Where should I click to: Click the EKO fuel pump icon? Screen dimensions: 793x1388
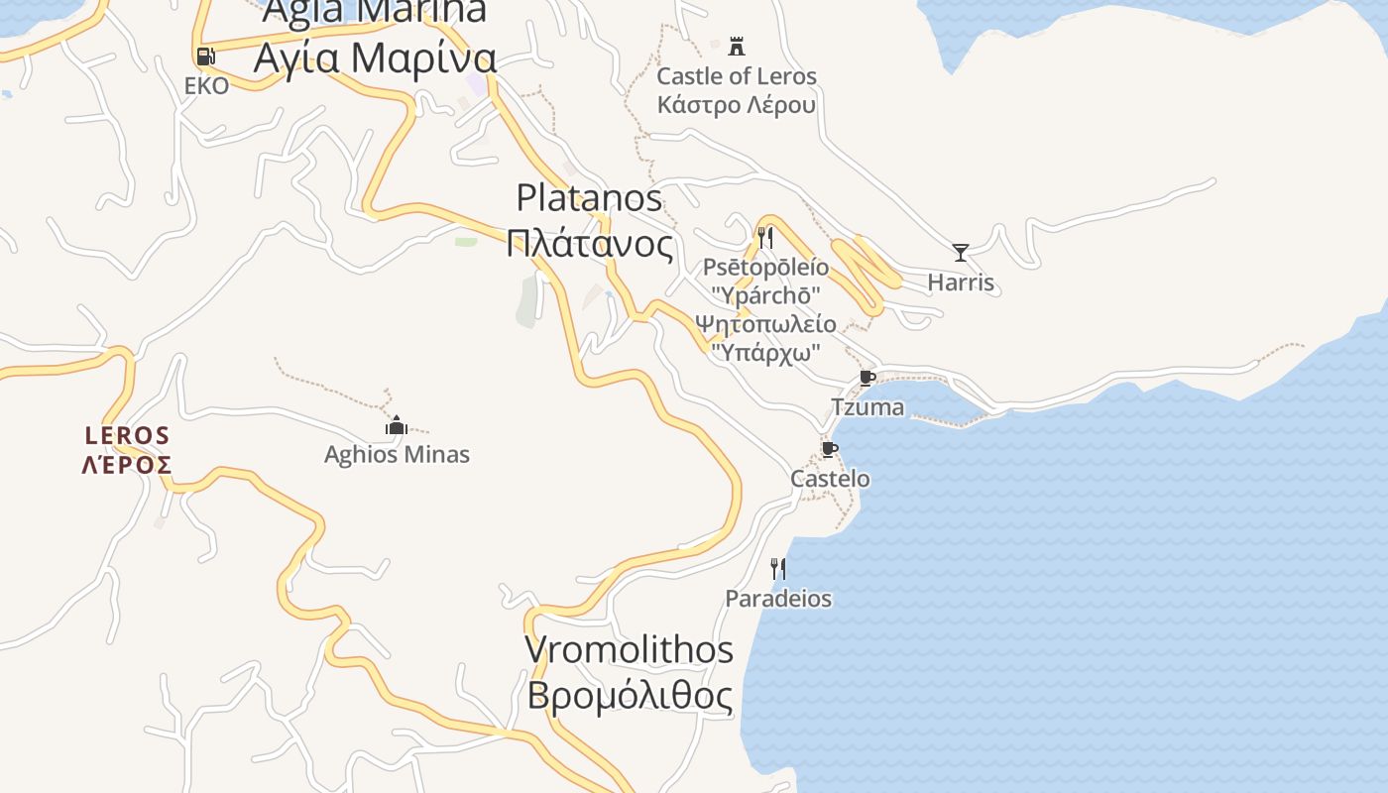(x=205, y=57)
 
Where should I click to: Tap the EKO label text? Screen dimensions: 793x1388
(x=206, y=86)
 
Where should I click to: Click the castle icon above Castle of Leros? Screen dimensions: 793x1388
(x=736, y=46)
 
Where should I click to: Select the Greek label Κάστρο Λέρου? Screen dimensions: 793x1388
(x=737, y=104)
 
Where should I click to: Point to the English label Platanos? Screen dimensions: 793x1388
(x=589, y=198)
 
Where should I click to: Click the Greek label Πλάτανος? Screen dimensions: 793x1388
(x=589, y=243)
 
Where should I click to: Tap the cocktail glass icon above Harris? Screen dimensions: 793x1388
(x=960, y=252)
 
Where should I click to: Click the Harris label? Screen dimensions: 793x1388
(x=960, y=283)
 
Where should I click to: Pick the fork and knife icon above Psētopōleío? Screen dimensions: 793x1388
(x=764, y=238)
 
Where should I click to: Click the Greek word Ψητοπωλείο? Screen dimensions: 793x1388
(x=765, y=324)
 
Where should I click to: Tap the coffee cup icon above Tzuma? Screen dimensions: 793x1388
(x=867, y=378)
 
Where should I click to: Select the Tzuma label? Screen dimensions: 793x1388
(x=867, y=407)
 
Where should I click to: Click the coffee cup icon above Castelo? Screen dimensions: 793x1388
(x=829, y=449)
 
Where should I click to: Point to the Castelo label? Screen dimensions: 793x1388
(x=830, y=479)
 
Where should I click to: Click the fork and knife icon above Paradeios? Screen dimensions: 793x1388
(x=778, y=568)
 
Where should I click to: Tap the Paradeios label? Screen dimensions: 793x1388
(x=778, y=599)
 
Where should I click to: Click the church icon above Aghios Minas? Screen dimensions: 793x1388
(x=396, y=426)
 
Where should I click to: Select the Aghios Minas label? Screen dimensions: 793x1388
(x=397, y=455)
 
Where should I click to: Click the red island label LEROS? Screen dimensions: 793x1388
(x=127, y=435)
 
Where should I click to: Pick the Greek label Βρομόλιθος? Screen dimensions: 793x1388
(x=630, y=696)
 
